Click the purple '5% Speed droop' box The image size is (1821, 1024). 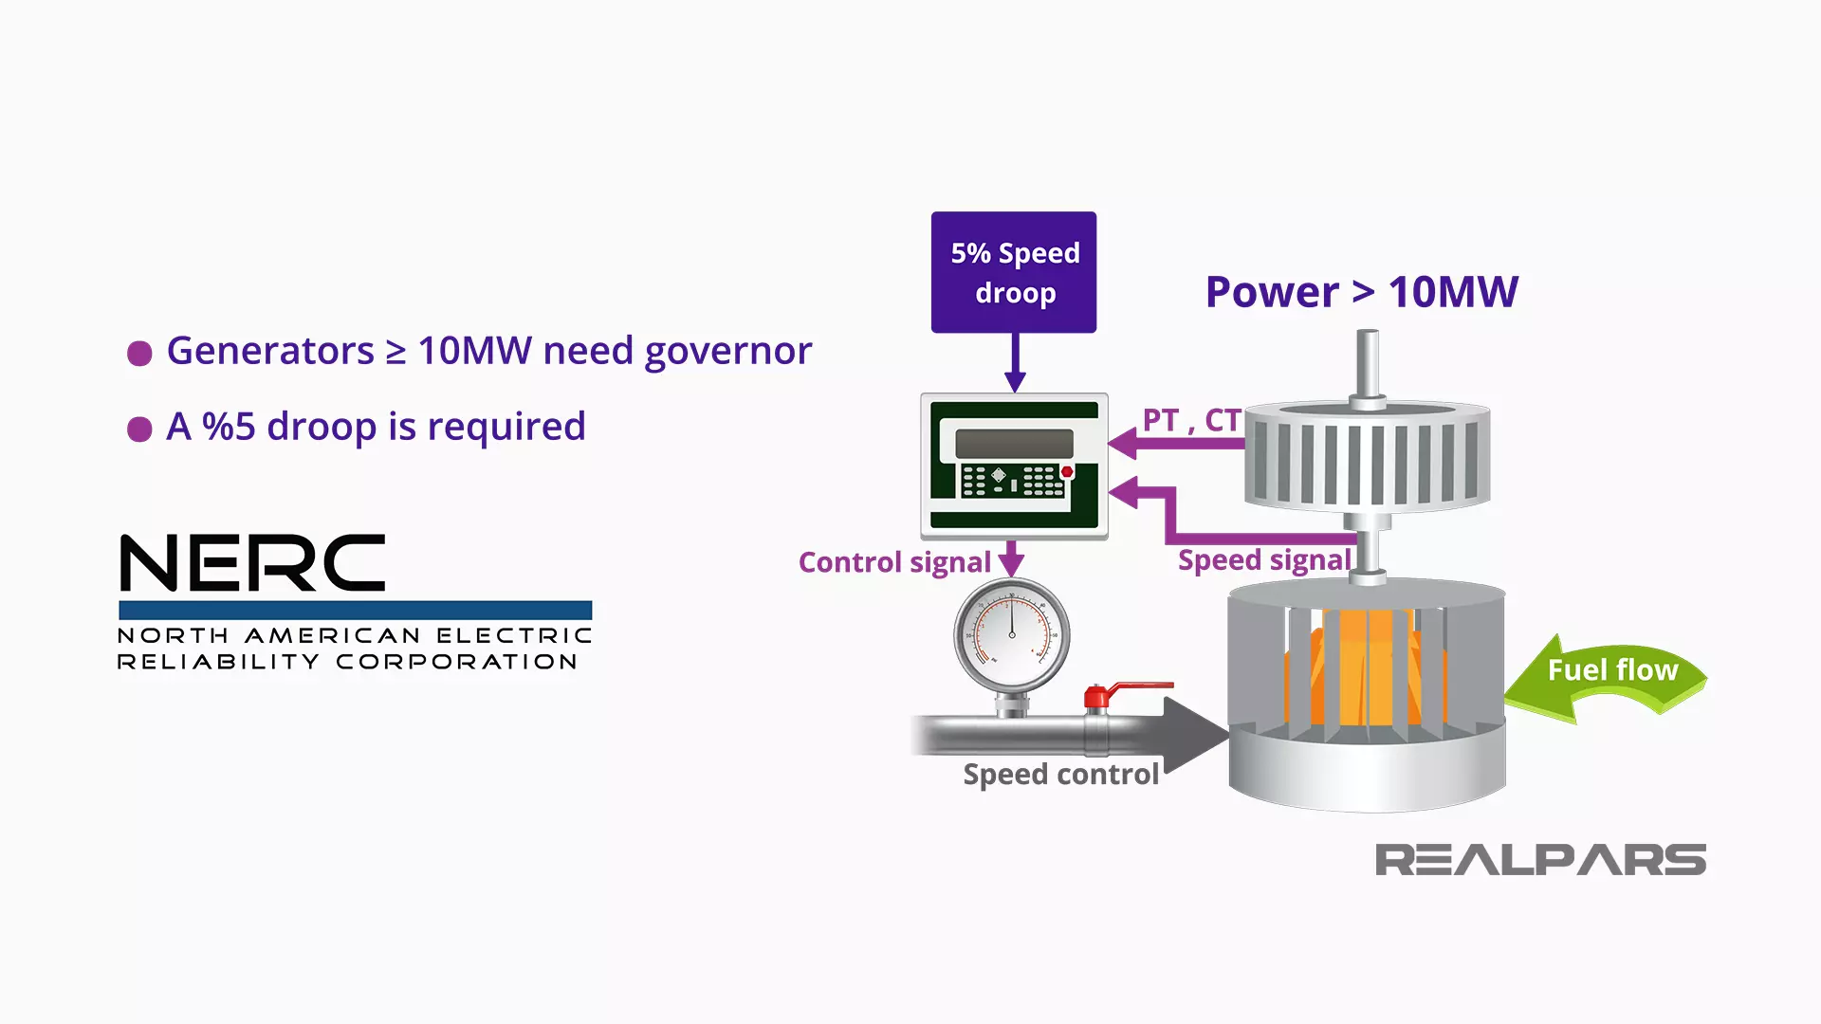click(1013, 272)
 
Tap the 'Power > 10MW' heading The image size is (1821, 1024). click(1361, 292)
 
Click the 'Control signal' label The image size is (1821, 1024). click(893, 562)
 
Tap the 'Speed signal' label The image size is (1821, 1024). click(1263, 560)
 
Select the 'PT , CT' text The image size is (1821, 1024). click(1191, 420)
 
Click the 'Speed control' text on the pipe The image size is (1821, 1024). click(1060, 775)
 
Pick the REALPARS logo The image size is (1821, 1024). click(1540, 860)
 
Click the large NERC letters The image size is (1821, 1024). click(252, 563)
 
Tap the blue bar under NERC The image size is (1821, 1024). click(355, 610)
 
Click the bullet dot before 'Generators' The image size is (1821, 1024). click(139, 354)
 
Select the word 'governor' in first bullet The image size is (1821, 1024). click(727, 352)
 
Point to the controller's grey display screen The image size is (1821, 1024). click(1013, 443)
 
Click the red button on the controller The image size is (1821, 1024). click(1067, 471)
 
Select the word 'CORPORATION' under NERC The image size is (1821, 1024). click(456, 662)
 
